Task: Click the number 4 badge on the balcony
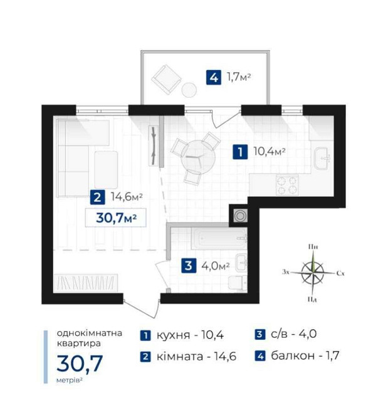[x=214, y=77]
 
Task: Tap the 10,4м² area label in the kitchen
[x=269, y=152]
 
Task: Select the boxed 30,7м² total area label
[x=116, y=218]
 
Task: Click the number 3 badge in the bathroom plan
[x=189, y=265]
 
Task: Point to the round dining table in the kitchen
[x=198, y=158]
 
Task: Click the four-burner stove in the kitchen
[x=287, y=185]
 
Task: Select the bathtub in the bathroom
[x=219, y=239]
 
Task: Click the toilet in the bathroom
[x=238, y=283]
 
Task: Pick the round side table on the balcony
[x=189, y=89]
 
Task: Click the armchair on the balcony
[x=166, y=80]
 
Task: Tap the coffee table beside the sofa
[x=106, y=169]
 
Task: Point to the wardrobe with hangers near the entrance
[x=86, y=283]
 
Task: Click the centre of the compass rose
[x=312, y=273]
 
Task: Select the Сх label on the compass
[x=340, y=273]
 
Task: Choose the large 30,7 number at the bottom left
[x=80, y=363]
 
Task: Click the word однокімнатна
[x=90, y=333]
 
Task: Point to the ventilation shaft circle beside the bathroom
[x=240, y=216]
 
